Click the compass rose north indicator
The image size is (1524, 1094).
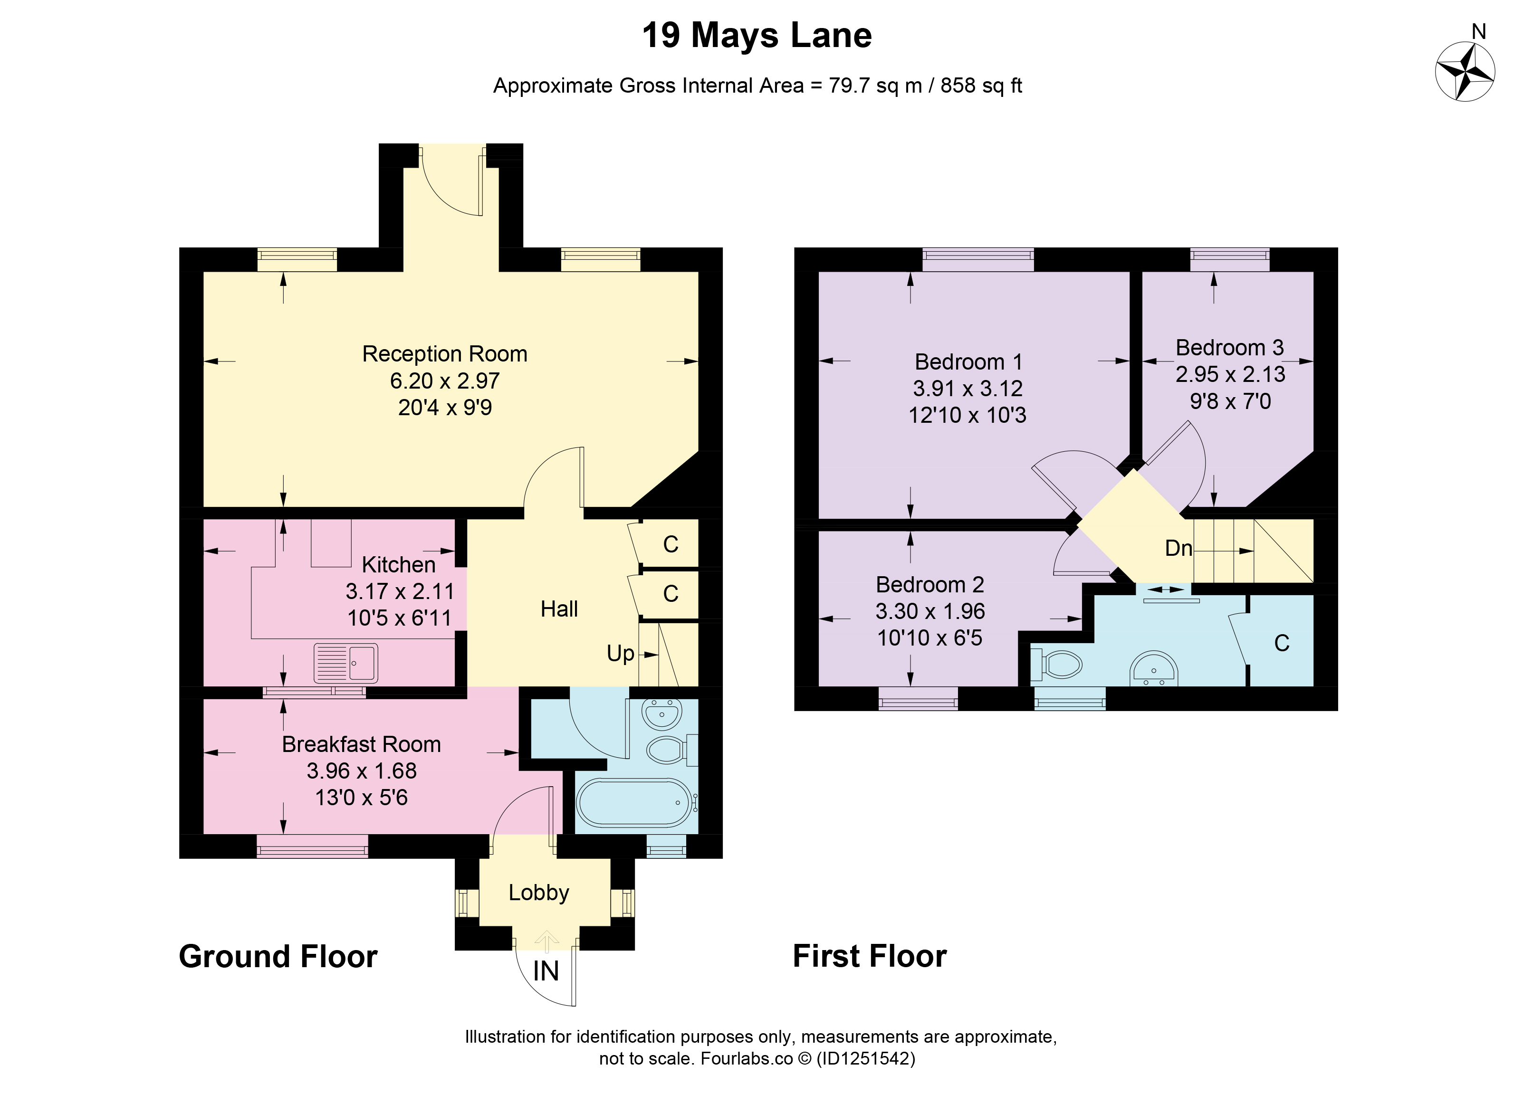click(1465, 72)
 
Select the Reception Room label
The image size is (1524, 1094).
click(444, 354)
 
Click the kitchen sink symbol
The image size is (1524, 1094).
click(345, 663)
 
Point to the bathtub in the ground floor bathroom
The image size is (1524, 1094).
click(634, 802)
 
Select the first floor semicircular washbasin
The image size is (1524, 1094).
click(1154, 669)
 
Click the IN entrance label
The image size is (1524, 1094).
click(546, 971)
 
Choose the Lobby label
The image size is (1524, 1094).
click(538, 893)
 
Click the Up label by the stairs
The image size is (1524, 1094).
click(620, 654)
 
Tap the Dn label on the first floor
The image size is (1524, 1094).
click(1178, 548)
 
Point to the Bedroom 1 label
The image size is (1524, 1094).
click(968, 362)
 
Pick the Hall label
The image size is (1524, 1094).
click(559, 609)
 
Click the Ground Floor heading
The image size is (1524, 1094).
click(278, 956)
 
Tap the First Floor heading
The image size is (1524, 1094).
click(870, 956)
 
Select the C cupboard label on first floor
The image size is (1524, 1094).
click(1282, 643)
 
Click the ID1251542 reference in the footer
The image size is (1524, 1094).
click(865, 1058)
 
